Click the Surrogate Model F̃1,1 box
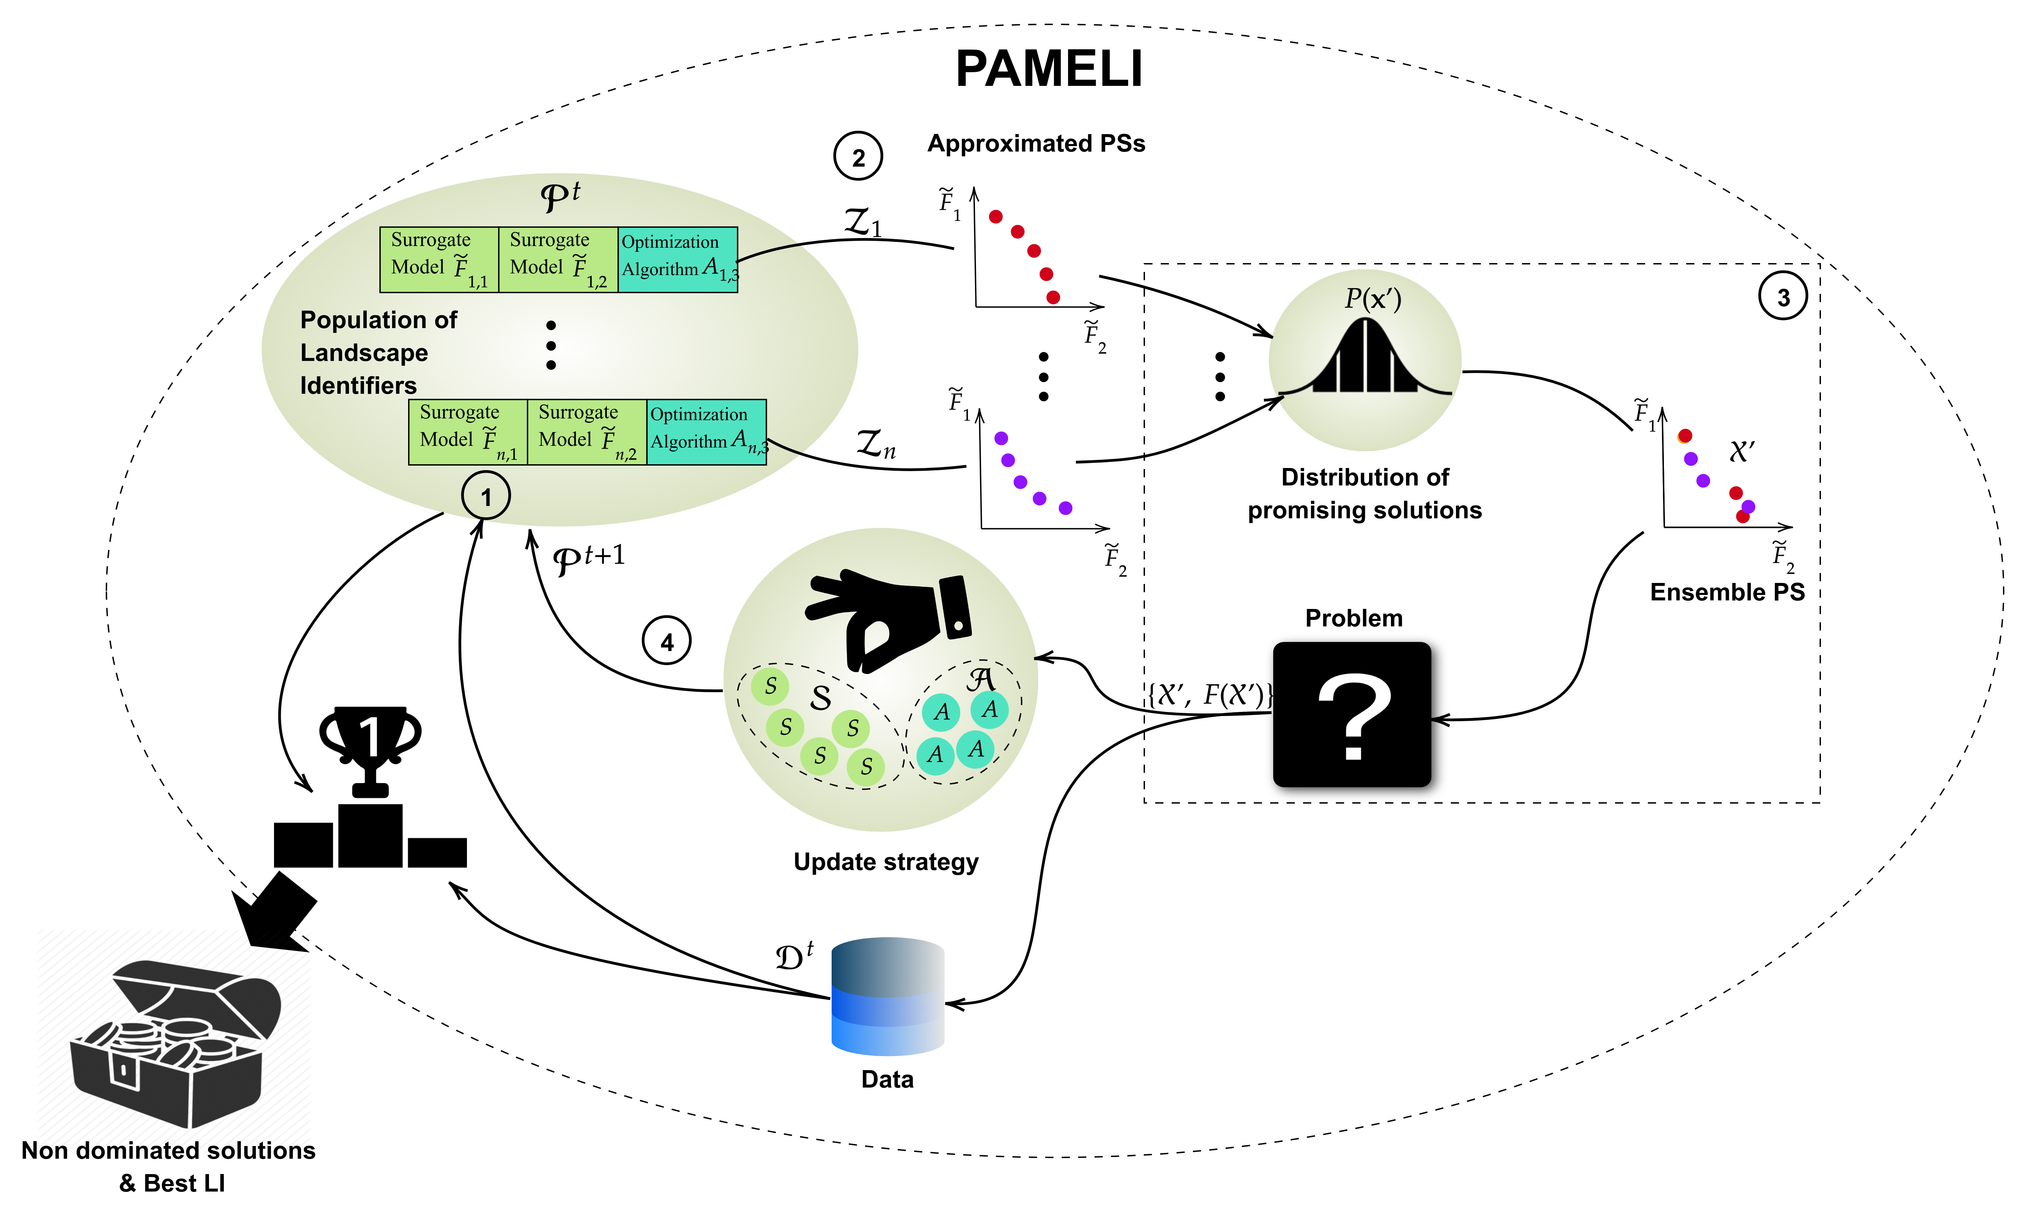point(439,260)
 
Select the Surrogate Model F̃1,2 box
point(558,260)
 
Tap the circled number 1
point(486,496)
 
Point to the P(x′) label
point(1372,298)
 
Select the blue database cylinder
point(888,996)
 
